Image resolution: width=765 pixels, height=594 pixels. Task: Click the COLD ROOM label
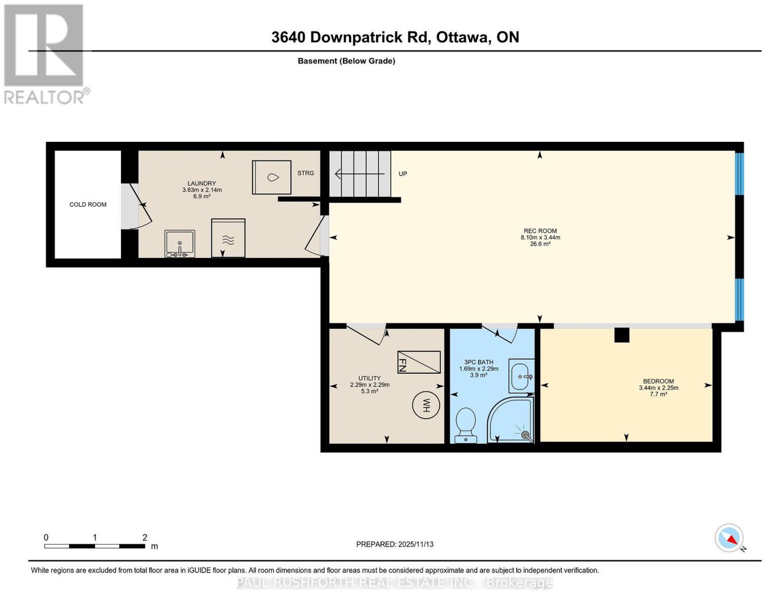87,205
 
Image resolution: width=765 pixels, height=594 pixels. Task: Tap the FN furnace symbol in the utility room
418,362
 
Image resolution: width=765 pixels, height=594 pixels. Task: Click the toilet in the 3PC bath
465,425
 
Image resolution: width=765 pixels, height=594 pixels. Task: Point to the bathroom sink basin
521,376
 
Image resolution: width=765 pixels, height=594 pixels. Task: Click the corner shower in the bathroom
510,419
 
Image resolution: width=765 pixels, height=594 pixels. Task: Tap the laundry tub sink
180,244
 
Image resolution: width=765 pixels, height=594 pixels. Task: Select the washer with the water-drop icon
272,177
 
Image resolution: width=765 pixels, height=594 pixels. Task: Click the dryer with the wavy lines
228,238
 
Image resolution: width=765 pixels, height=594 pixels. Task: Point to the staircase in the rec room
360,174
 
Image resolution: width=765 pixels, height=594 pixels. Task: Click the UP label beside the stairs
403,174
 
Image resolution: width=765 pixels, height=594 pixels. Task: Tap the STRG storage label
306,173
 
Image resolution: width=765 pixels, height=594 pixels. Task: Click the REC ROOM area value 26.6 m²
540,244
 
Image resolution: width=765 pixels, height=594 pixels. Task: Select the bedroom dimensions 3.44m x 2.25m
658,388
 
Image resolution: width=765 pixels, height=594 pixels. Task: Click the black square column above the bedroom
622,335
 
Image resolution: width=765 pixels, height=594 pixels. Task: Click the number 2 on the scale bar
145,538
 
